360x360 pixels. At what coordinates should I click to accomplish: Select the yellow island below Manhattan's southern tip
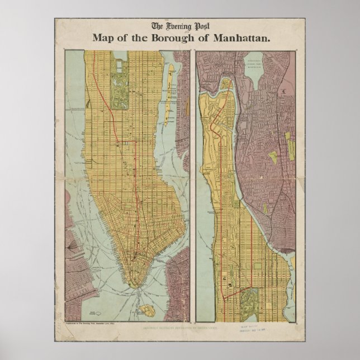(147, 310)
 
